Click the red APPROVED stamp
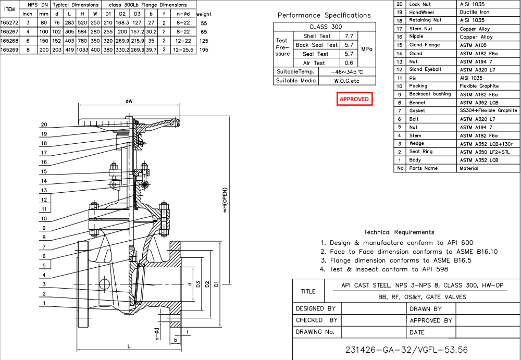(x=354, y=99)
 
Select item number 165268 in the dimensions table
(x=9, y=40)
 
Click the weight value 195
(x=204, y=49)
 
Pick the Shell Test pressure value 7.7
(x=349, y=36)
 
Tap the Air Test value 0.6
(x=349, y=63)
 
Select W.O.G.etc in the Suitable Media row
(x=346, y=81)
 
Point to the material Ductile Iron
(x=474, y=12)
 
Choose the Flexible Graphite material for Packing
(x=479, y=86)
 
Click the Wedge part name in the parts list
(x=417, y=143)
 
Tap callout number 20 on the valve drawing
(x=44, y=125)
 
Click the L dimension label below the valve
(x=129, y=345)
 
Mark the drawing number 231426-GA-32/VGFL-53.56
(x=406, y=349)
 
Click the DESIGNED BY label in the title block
(x=316, y=308)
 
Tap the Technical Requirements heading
(x=399, y=232)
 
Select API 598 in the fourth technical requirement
(x=436, y=269)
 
